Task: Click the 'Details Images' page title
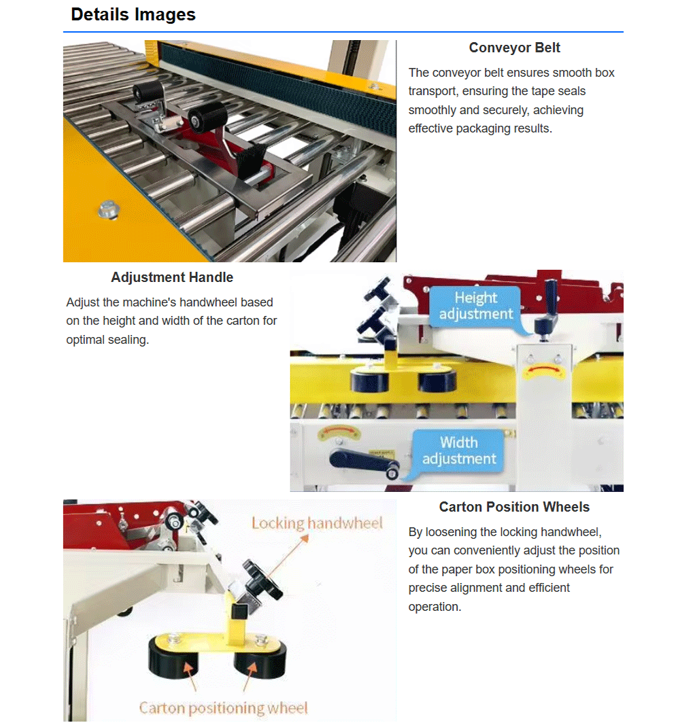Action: [x=133, y=15]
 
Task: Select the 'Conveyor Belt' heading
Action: [x=514, y=48]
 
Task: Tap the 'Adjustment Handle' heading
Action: [x=172, y=277]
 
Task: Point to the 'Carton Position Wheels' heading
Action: [x=514, y=507]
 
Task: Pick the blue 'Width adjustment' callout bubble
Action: [x=458, y=450]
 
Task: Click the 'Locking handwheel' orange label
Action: [x=317, y=523]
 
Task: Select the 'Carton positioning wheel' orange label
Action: [x=223, y=707]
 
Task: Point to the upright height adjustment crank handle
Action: [x=548, y=308]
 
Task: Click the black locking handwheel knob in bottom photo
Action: [x=261, y=579]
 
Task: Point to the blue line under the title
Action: [x=343, y=32]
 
